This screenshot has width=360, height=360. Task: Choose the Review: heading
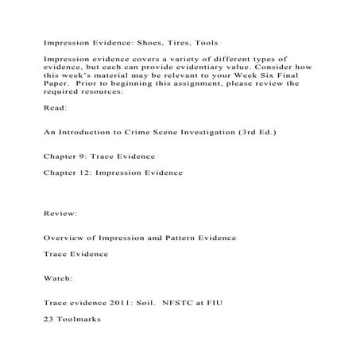pos(60,214)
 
